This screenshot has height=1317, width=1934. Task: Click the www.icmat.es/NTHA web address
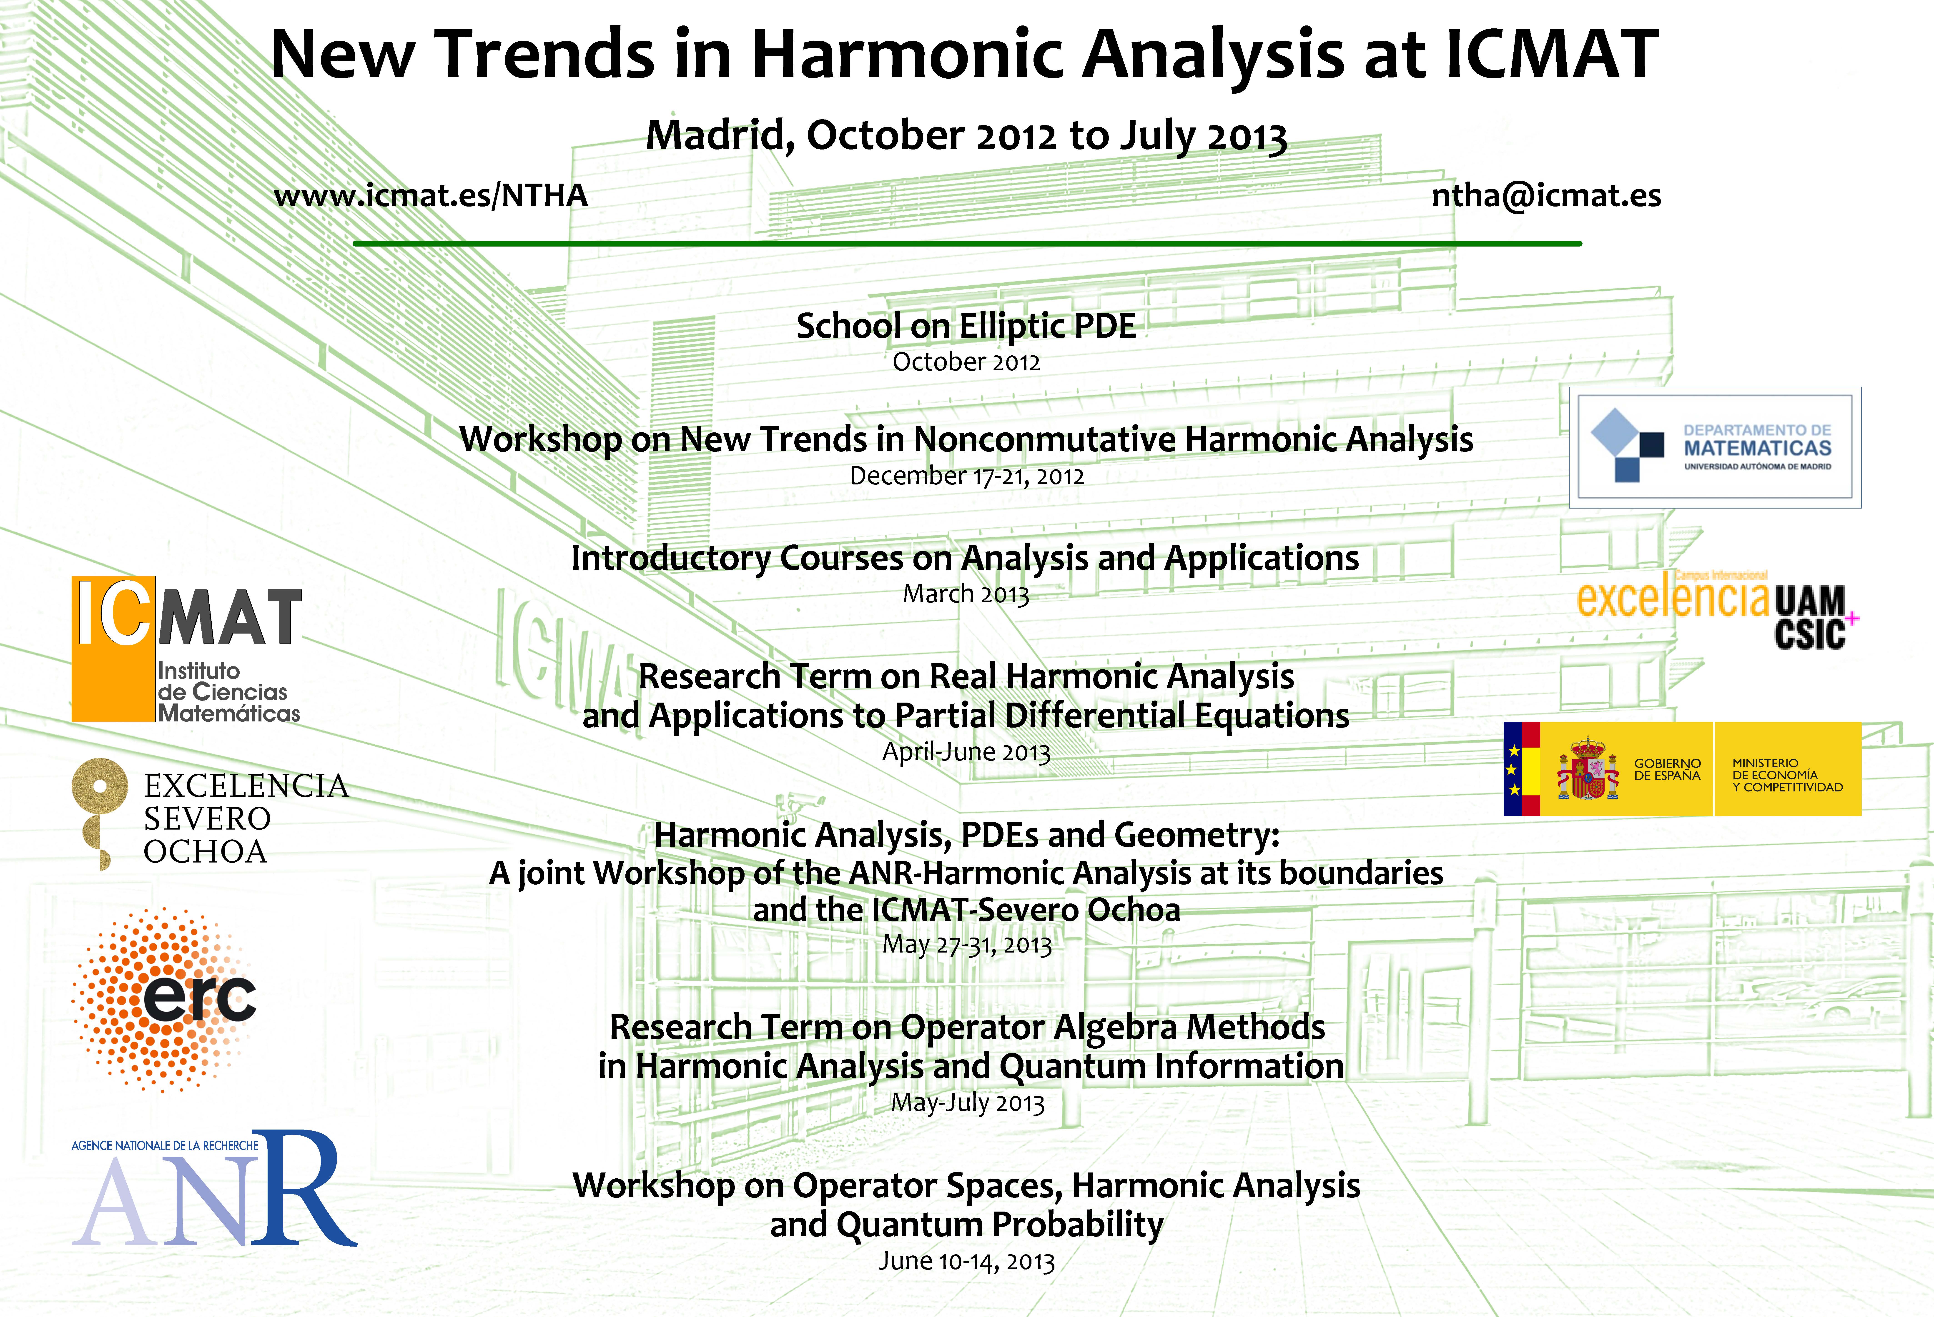tap(430, 195)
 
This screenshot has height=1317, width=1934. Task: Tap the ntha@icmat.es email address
tap(1546, 195)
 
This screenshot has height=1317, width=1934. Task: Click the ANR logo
tap(215, 1188)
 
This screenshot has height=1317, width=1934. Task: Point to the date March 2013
tap(966, 594)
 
